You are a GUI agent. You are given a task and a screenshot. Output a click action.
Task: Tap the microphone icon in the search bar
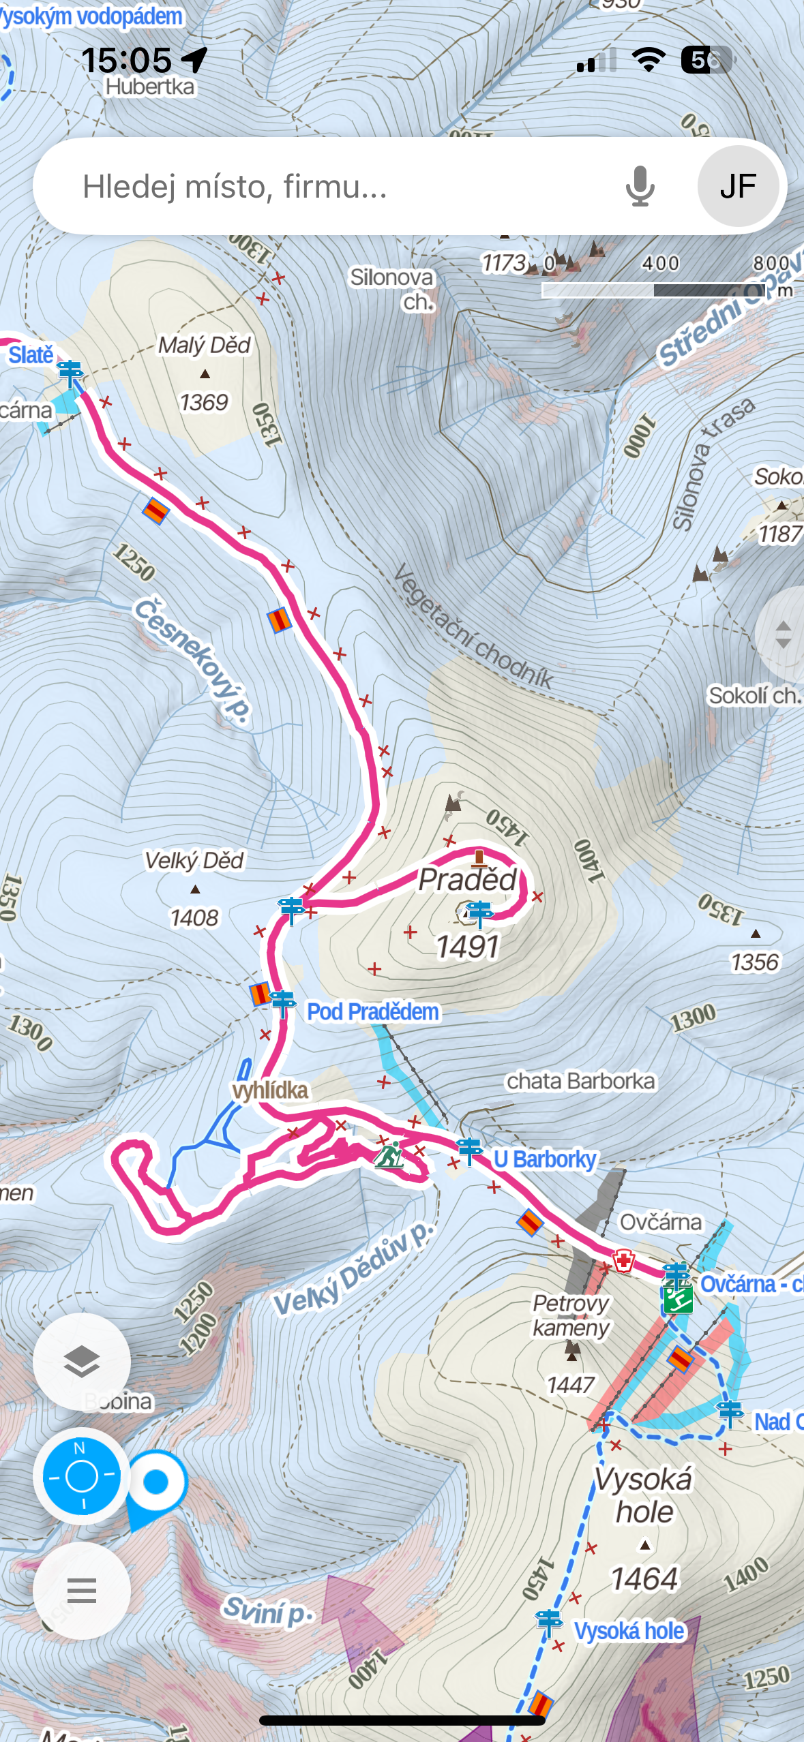pos(640,186)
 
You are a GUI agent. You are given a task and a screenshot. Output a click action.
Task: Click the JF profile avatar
pos(738,186)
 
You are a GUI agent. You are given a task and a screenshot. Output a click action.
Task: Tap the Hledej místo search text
pos(235,186)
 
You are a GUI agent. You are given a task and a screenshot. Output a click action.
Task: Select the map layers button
pos(82,1362)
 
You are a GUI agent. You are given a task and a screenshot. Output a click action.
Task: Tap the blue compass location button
pos(82,1476)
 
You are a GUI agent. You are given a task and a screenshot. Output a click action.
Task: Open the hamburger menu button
pos(82,1591)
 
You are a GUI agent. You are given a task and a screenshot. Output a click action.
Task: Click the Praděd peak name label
pos(468,880)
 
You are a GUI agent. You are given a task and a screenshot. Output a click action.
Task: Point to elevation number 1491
pos(468,947)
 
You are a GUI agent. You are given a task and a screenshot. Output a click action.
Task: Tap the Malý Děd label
pos(205,345)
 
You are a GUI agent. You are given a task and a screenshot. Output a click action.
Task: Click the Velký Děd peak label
pos(194,860)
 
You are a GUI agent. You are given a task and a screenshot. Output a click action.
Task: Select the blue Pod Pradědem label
pos(372,1012)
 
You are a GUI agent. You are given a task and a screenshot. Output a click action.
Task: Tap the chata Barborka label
pos(580,1081)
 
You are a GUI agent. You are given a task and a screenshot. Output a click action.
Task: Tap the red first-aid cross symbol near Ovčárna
pos(623,1261)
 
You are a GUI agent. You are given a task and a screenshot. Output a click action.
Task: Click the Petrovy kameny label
pos(571,1315)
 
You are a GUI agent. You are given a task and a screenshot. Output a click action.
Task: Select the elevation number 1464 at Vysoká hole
pos(644,1578)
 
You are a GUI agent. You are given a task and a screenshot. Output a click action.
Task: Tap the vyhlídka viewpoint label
pos(270,1090)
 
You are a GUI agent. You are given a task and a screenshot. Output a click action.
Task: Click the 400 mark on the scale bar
pos(660,263)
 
